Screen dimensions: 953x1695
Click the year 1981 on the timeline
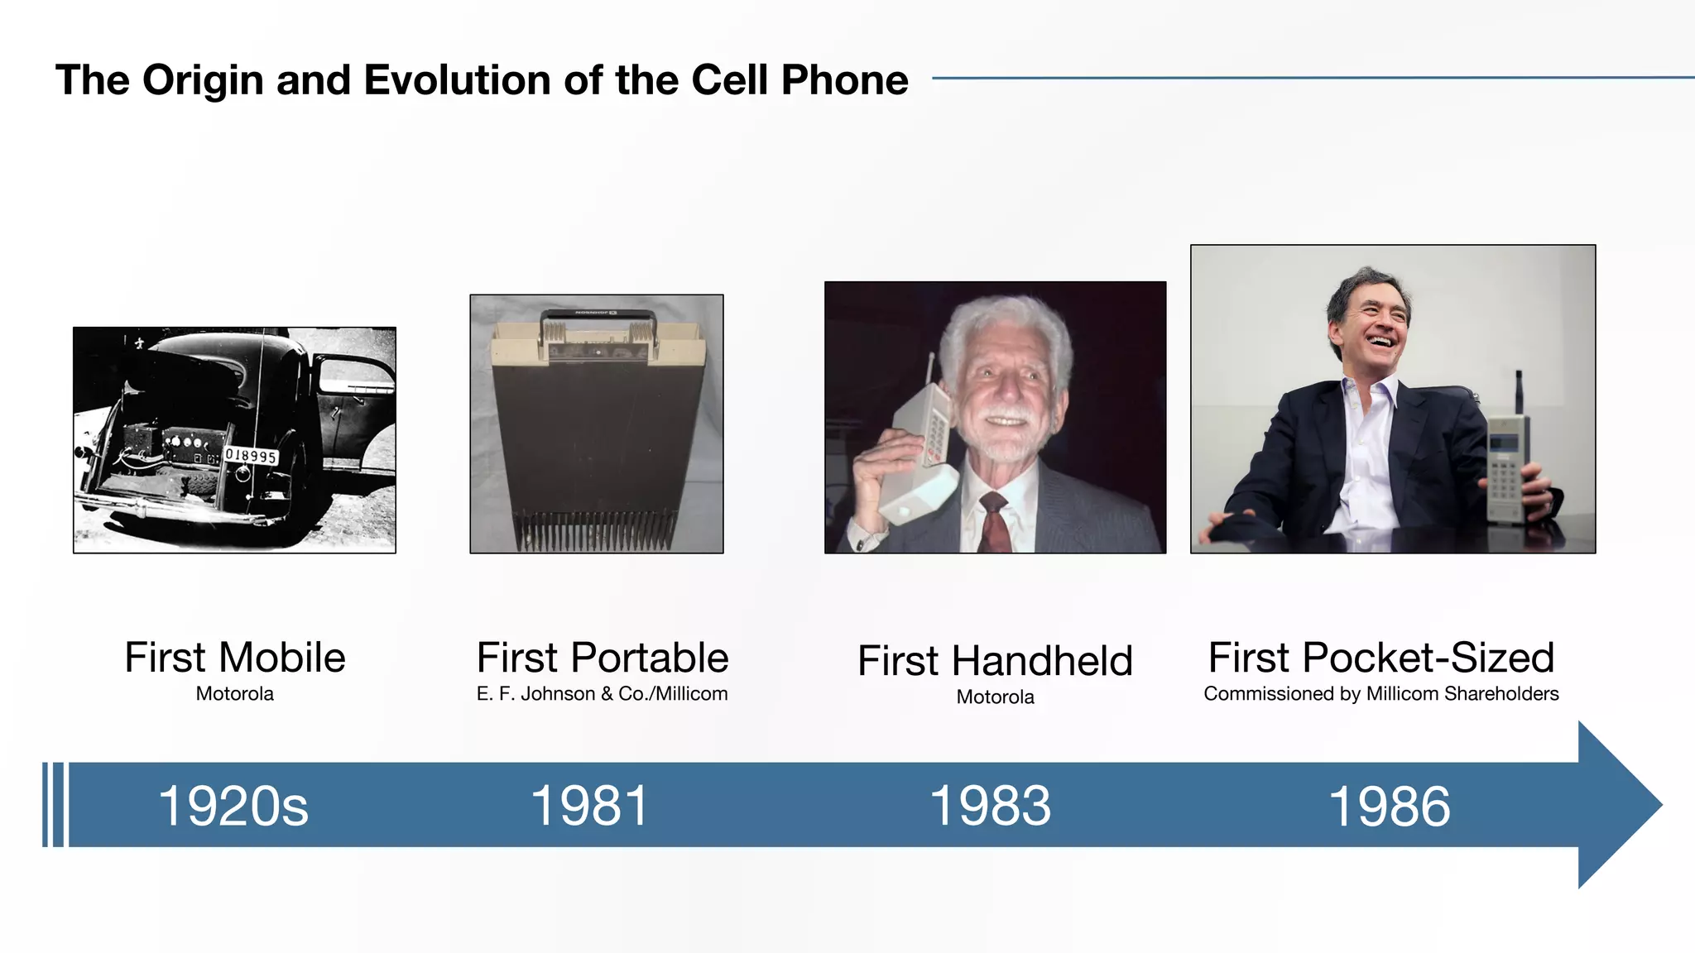click(589, 806)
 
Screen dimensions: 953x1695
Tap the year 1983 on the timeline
click(990, 806)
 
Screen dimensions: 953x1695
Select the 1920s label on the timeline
click(233, 806)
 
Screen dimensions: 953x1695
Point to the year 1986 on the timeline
click(1389, 806)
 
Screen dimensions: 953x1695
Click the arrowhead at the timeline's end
click(1618, 805)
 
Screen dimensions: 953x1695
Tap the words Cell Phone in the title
click(799, 80)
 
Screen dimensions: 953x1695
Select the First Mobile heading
click(234, 658)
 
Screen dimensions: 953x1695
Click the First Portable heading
click(602, 658)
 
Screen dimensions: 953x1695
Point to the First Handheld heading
click(995, 661)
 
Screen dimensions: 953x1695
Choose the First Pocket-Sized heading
click(1380, 658)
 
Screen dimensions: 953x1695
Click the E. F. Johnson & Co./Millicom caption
click(602, 694)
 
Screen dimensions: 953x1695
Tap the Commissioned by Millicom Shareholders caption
click(1380, 694)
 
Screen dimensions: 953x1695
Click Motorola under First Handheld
click(995, 697)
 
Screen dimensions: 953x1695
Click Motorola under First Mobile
click(234, 694)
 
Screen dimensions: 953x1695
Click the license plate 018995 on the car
click(251, 456)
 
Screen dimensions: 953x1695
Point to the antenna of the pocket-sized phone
click(1519, 392)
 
